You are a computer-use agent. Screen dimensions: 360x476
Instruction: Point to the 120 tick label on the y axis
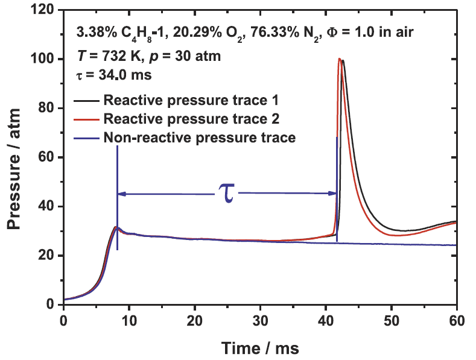tap(47, 10)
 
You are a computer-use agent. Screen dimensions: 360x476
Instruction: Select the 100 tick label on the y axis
tap(47, 59)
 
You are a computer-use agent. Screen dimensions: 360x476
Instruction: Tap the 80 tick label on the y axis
tap(49, 109)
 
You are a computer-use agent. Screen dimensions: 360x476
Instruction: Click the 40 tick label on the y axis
tap(49, 207)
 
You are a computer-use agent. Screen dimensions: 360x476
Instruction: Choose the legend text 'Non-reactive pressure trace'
tap(200, 137)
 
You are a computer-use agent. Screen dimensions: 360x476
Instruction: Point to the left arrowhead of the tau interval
tap(121, 194)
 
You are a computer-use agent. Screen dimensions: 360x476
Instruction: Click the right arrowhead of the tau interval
tap(333, 194)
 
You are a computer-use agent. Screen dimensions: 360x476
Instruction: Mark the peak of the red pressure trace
tap(340, 59)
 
